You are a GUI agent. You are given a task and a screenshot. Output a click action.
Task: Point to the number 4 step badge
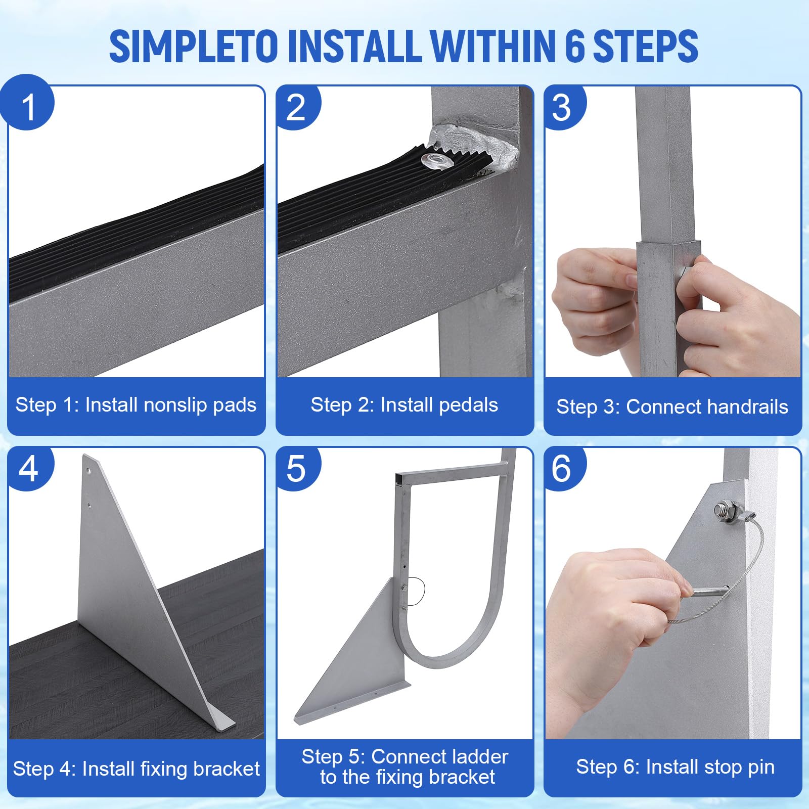29,468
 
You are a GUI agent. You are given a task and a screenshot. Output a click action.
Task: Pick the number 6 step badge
563,468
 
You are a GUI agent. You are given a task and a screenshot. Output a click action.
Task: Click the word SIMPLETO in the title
194,47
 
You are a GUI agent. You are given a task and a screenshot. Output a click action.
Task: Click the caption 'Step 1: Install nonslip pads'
136,404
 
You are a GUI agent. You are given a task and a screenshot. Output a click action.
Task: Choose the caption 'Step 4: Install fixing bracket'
136,769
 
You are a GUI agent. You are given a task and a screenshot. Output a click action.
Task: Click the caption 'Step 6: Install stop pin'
675,767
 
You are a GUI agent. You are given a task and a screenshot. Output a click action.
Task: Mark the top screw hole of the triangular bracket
90,470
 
